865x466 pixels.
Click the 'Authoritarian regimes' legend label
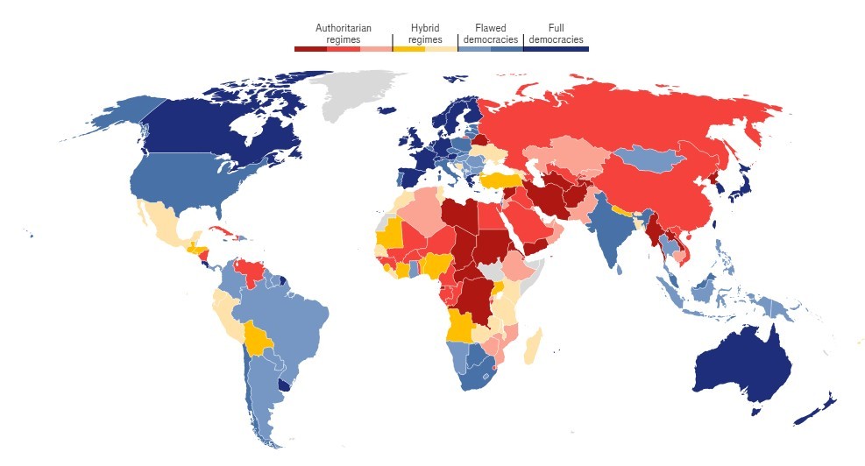(x=343, y=33)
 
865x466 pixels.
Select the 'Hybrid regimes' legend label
(x=425, y=33)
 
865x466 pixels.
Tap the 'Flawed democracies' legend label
(x=490, y=33)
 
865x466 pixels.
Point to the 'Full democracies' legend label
(x=557, y=33)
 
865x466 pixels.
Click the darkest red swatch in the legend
(x=310, y=49)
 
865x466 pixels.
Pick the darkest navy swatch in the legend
(x=571, y=49)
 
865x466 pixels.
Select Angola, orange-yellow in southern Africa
(x=461, y=327)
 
